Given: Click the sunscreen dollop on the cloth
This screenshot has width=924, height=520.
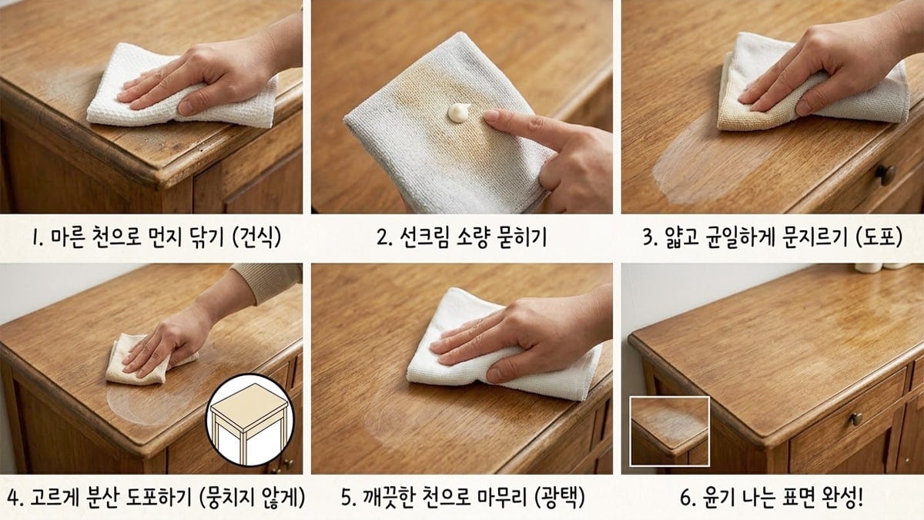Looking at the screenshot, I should click(459, 114).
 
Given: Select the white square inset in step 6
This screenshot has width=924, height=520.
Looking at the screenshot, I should click(669, 431).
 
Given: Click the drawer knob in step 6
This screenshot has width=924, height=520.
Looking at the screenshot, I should click(855, 419).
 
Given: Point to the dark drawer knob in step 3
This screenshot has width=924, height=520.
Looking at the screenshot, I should click(886, 174).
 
